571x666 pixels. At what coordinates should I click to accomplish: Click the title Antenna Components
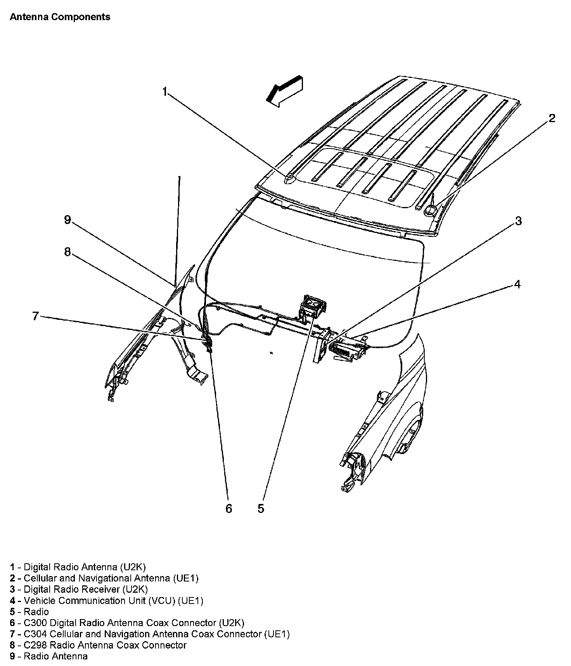pos(60,17)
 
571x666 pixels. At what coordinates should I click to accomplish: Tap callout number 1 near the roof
pos(165,92)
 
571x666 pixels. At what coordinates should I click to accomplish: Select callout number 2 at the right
pos(552,118)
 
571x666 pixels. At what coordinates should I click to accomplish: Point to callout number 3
pos(518,221)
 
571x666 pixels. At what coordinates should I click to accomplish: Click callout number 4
pos(517,284)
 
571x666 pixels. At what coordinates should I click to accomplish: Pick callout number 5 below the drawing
pos(261,509)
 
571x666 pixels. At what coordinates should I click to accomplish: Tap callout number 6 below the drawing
pos(229,509)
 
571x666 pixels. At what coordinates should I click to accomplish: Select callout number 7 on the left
pos(35,316)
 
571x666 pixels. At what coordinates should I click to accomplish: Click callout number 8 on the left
pos(67,252)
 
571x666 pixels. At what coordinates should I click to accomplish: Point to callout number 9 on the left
pos(67,220)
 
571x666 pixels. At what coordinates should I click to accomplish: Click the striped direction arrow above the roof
pos(285,90)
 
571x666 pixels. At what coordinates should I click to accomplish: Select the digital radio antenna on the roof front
pos(290,179)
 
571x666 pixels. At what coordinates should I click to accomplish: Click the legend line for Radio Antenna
pos(49,656)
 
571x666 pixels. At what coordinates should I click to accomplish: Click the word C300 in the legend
pos(36,623)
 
